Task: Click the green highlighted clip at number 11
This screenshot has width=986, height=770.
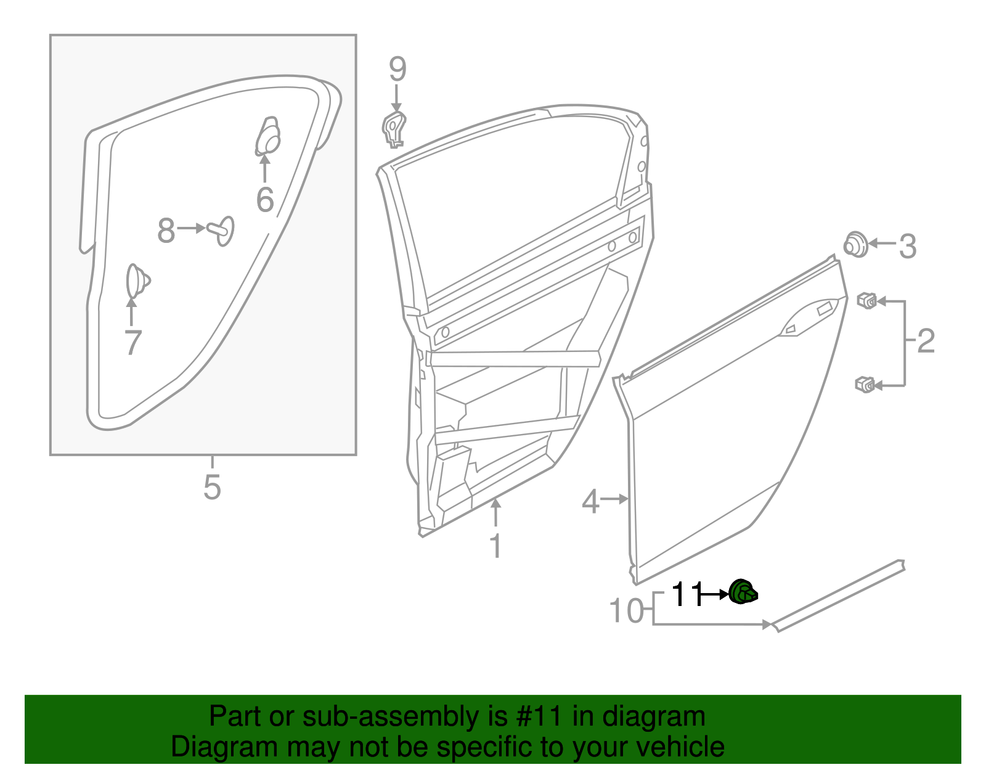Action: click(x=743, y=593)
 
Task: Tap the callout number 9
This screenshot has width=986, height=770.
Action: click(x=397, y=69)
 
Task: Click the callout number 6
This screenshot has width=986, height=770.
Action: click(x=265, y=199)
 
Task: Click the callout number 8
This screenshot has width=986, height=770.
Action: click(x=166, y=230)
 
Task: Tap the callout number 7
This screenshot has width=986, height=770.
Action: click(x=133, y=342)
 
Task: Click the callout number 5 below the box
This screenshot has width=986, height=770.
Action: click(x=212, y=487)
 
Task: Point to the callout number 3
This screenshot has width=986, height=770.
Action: click(x=907, y=246)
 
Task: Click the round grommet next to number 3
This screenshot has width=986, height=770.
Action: click(x=855, y=245)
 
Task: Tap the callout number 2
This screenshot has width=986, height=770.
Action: click(x=926, y=341)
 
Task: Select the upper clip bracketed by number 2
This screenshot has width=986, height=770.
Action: click(x=867, y=301)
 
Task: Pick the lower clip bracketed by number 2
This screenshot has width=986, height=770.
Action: click(x=865, y=385)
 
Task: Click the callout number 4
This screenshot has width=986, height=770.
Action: click(x=590, y=501)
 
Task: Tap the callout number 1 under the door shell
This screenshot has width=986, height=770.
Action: click(x=495, y=546)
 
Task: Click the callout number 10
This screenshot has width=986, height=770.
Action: click(x=625, y=611)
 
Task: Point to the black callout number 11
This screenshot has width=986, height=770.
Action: click(x=686, y=594)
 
